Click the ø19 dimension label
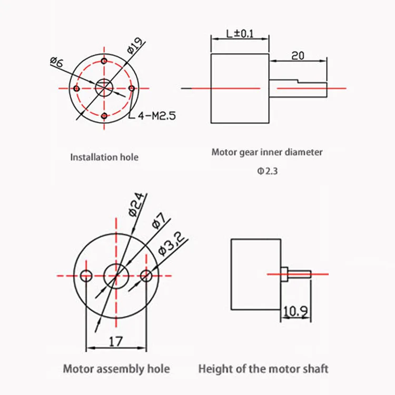coord(133,47)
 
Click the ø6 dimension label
coord(56,62)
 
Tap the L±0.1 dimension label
coord(240,34)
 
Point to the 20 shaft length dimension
coord(298,55)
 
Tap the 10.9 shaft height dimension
coord(295,312)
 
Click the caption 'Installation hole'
coord(104,157)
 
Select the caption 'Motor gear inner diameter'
coord(267,153)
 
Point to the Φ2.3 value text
coord(267,172)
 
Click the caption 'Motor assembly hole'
coord(116,369)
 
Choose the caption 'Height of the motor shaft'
coord(263,369)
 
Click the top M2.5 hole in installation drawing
coord(104,61)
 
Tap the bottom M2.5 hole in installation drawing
coord(104,115)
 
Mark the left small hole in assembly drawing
coord(87,275)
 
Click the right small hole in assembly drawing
coord(146,275)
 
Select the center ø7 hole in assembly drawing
coord(116,275)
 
